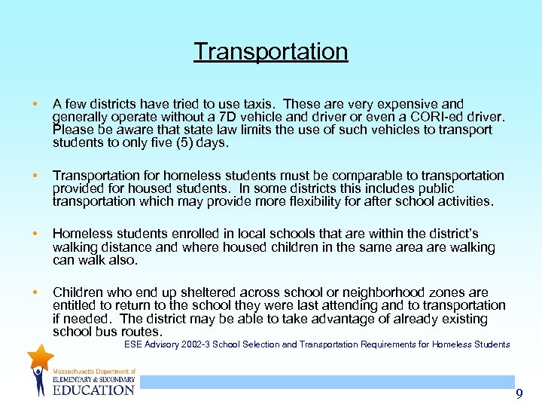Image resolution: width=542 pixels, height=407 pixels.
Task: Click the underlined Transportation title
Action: (271, 51)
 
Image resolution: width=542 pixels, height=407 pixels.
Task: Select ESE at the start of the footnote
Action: (133, 344)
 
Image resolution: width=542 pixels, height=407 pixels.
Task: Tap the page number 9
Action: (519, 394)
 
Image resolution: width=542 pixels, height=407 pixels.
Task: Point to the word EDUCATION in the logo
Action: (93, 390)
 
